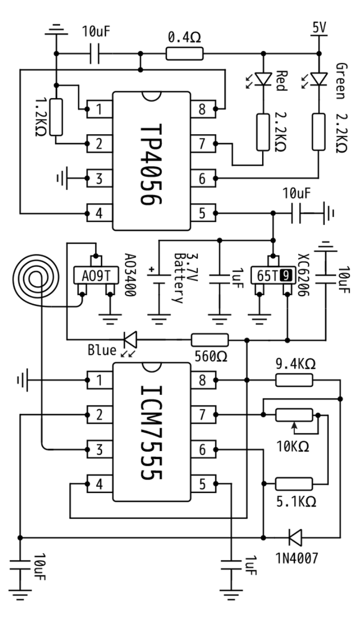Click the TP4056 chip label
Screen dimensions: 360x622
click(151, 165)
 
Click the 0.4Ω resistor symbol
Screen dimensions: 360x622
click(184, 53)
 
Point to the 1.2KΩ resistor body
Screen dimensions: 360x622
click(56, 117)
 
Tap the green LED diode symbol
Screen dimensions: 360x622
click(319, 79)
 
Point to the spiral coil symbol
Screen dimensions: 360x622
click(36, 278)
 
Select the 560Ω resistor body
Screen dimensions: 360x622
click(210, 340)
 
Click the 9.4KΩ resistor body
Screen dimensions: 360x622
click(294, 380)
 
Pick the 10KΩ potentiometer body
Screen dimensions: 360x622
click(294, 415)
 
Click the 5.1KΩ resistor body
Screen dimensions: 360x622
click(294, 484)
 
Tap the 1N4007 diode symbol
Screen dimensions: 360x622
click(295, 538)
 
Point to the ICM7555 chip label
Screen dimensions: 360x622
click(151, 433)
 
